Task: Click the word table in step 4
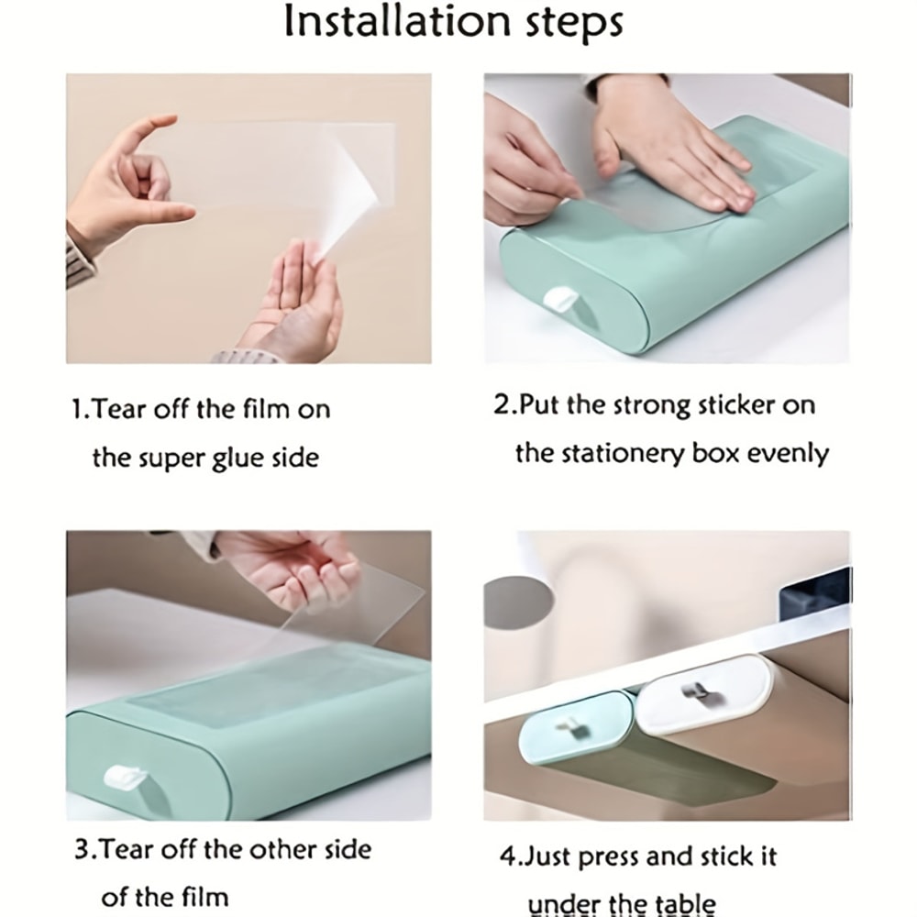pos(685,902)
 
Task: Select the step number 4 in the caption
pos(507,857)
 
